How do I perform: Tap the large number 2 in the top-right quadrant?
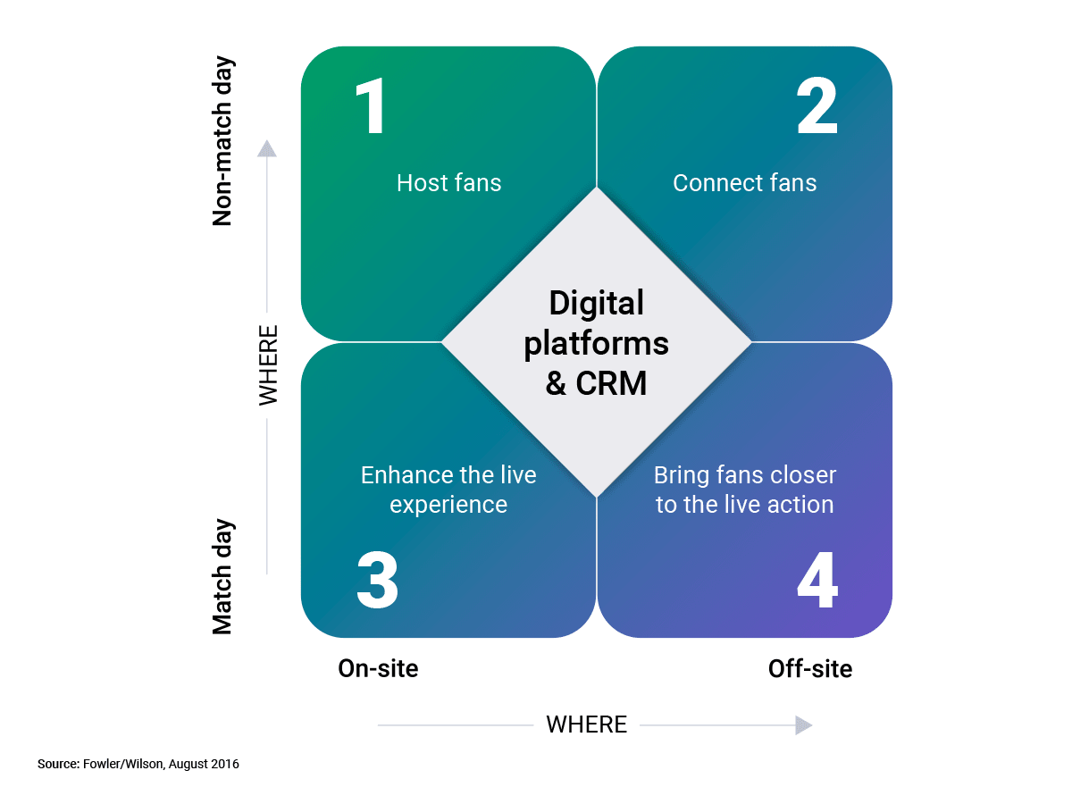point(817,107)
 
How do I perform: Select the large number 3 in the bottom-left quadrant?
point(377,581)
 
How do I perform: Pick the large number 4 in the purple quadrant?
point(817,581)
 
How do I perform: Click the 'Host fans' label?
point(448,183)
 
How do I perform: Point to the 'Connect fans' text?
point(744,183)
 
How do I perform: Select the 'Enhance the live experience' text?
point(448,490)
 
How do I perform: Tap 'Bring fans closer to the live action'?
point(744,490)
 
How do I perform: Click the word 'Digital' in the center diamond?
point(596,304)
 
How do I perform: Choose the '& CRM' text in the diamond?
point(596,383)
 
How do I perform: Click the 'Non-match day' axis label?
point(222,142)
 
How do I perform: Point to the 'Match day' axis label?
point(222,576)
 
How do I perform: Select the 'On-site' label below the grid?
point(378,668)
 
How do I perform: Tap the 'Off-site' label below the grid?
point(810,668)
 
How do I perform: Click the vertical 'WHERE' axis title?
point(268,364)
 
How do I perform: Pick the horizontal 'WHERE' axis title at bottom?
point(586,724)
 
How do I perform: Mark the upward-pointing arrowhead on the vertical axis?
point(267,148)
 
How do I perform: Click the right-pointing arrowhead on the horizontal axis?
point(804,725)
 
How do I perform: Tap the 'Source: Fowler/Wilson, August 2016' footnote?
point(138,765)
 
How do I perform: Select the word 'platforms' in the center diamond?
point(596,343)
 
